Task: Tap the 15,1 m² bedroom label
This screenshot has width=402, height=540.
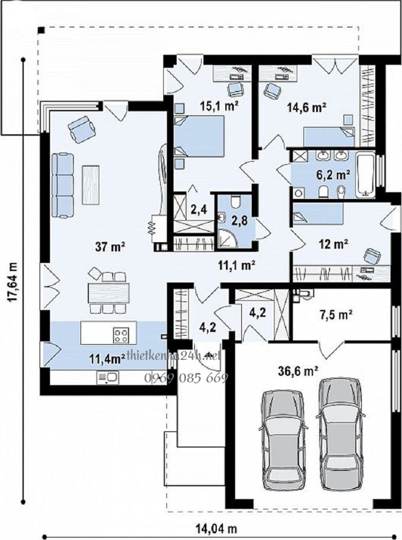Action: [x=219, y=106]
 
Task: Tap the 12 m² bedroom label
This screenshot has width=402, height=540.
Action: [x=334, y=244]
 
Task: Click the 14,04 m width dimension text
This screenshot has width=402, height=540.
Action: [x=216, y=528]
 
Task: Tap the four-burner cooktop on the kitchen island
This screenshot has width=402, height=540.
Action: [x=121, y=335]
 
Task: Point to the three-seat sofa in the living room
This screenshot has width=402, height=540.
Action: [x=63, y=186]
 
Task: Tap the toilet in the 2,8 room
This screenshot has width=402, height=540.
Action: [x=236, y=201]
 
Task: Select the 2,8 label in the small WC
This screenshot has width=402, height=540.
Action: [x=239, y=220]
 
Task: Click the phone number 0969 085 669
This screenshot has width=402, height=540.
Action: [x=186, y=378]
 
